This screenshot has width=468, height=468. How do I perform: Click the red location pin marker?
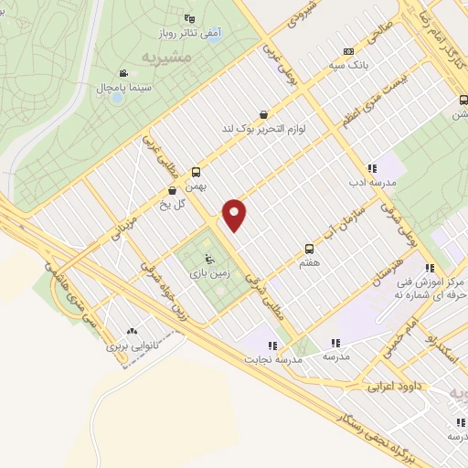point(236,214)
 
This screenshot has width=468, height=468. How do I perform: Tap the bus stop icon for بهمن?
point(197,171)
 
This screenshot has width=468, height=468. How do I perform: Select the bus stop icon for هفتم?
point(309,248)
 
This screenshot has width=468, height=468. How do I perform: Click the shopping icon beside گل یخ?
point(173,191)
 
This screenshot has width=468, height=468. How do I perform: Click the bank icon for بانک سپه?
point(347,51)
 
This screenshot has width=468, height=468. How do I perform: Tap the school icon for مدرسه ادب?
point(372,168)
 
